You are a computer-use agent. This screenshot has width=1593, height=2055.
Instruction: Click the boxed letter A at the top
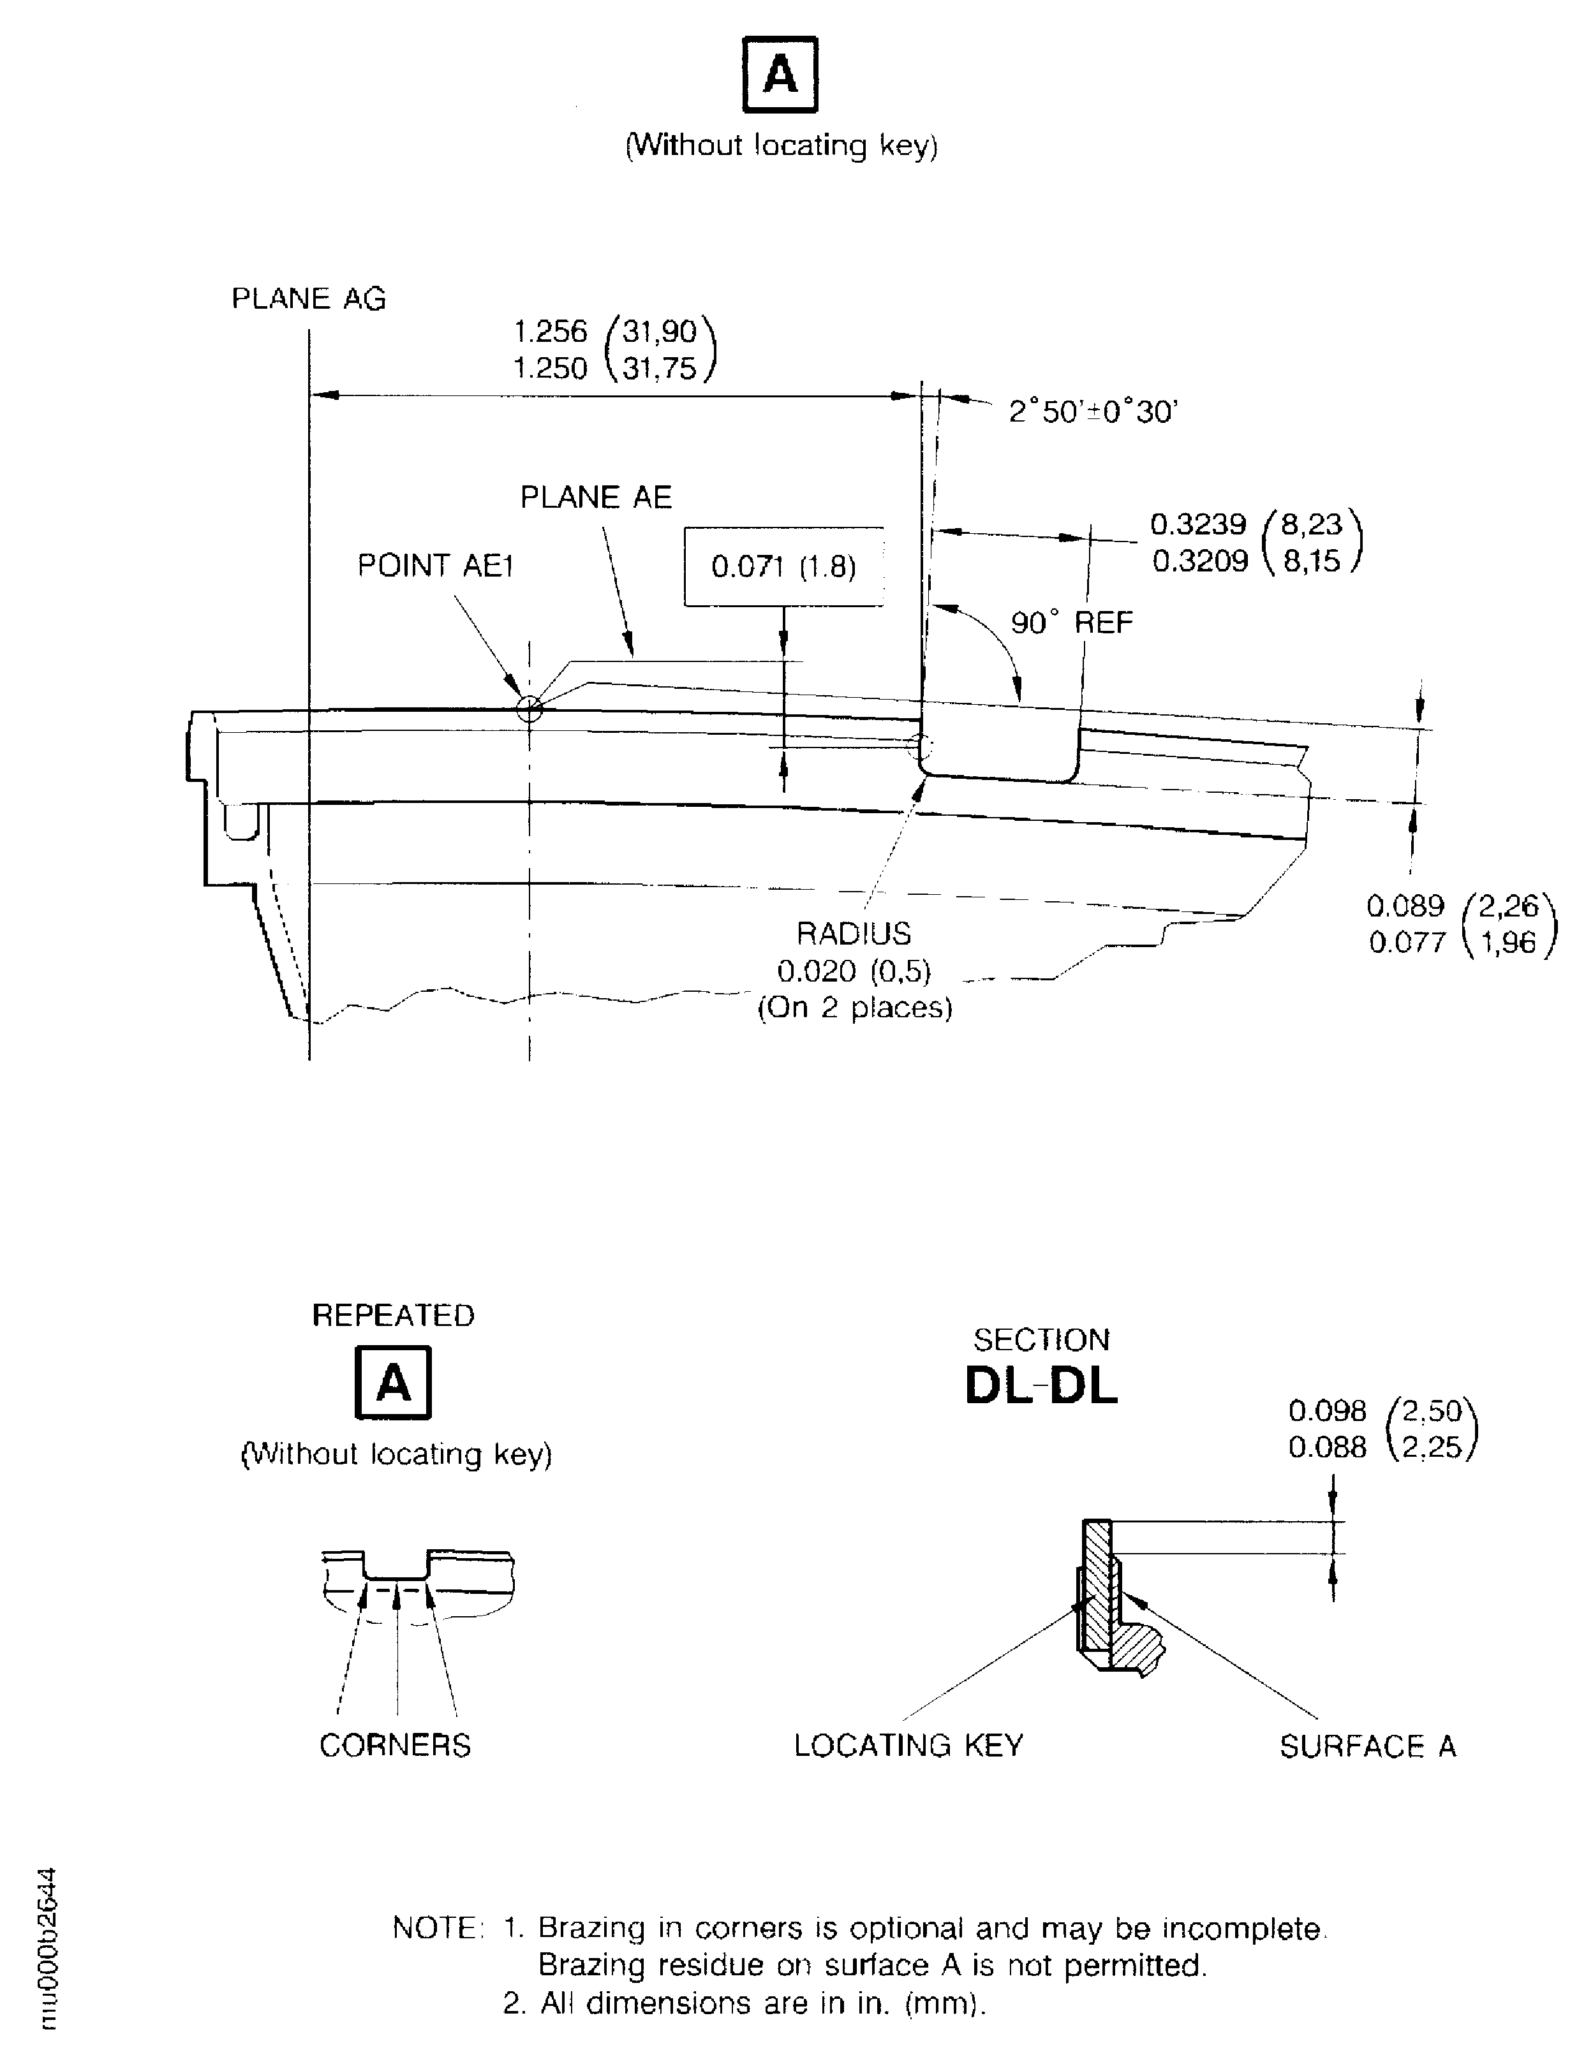coord(780,75)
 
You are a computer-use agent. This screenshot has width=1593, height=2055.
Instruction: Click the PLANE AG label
coord(309,298)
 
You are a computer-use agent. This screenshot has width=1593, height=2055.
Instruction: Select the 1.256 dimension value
coord(551,331)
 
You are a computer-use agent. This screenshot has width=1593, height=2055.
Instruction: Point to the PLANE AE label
coord(596,497)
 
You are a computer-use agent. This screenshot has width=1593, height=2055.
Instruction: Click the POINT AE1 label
coord(436,566)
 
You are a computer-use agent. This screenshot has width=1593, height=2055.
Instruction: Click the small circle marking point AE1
coord(530,709)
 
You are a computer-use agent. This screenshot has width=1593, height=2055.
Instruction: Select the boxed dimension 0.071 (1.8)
coord(784,566)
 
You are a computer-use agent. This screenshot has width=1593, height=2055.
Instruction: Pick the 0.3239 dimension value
coord(1199,524)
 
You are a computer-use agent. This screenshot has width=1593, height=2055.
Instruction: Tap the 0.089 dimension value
coord(1405,906)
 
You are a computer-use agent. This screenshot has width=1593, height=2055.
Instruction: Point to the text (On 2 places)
coord(854,1008)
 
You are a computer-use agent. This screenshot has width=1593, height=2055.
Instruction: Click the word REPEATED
coord(394,1315)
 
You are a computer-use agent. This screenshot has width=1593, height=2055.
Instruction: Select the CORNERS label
coord(395,1746)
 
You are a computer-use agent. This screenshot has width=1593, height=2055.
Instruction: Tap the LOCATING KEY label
coord(908,1746)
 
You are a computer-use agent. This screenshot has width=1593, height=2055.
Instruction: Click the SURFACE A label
coord(1367,1746)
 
